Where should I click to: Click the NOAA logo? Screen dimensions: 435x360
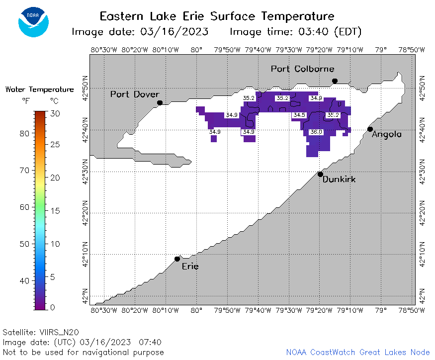(34, 22)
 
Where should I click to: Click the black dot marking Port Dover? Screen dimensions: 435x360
(160, 103)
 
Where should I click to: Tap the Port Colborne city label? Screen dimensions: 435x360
(302, 69)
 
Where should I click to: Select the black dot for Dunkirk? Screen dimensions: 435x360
(320, 175)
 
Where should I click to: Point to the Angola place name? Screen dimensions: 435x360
(386, 135)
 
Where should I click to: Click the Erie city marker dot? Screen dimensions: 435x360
(177, 259)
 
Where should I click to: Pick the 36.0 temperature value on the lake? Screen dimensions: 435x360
(316, 132)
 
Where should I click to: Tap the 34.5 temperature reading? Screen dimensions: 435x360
(299, 115)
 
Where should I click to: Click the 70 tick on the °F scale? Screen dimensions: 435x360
(24, 170)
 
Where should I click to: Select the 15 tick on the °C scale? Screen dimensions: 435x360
(55, 211)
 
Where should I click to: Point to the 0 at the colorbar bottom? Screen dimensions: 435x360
(52, 307)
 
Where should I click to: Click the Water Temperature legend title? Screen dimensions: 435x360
(39, 90)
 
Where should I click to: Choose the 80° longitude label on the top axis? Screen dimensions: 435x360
(196, 50)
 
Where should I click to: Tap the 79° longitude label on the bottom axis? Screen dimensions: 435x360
(381, 310)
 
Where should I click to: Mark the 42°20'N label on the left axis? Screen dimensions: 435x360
(85, 213)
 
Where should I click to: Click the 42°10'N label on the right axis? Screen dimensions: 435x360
(422, 254)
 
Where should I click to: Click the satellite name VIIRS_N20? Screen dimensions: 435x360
(59, 332)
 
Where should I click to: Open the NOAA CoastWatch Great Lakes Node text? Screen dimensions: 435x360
(358, 352)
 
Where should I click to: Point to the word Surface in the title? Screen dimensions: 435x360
(233, 16)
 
